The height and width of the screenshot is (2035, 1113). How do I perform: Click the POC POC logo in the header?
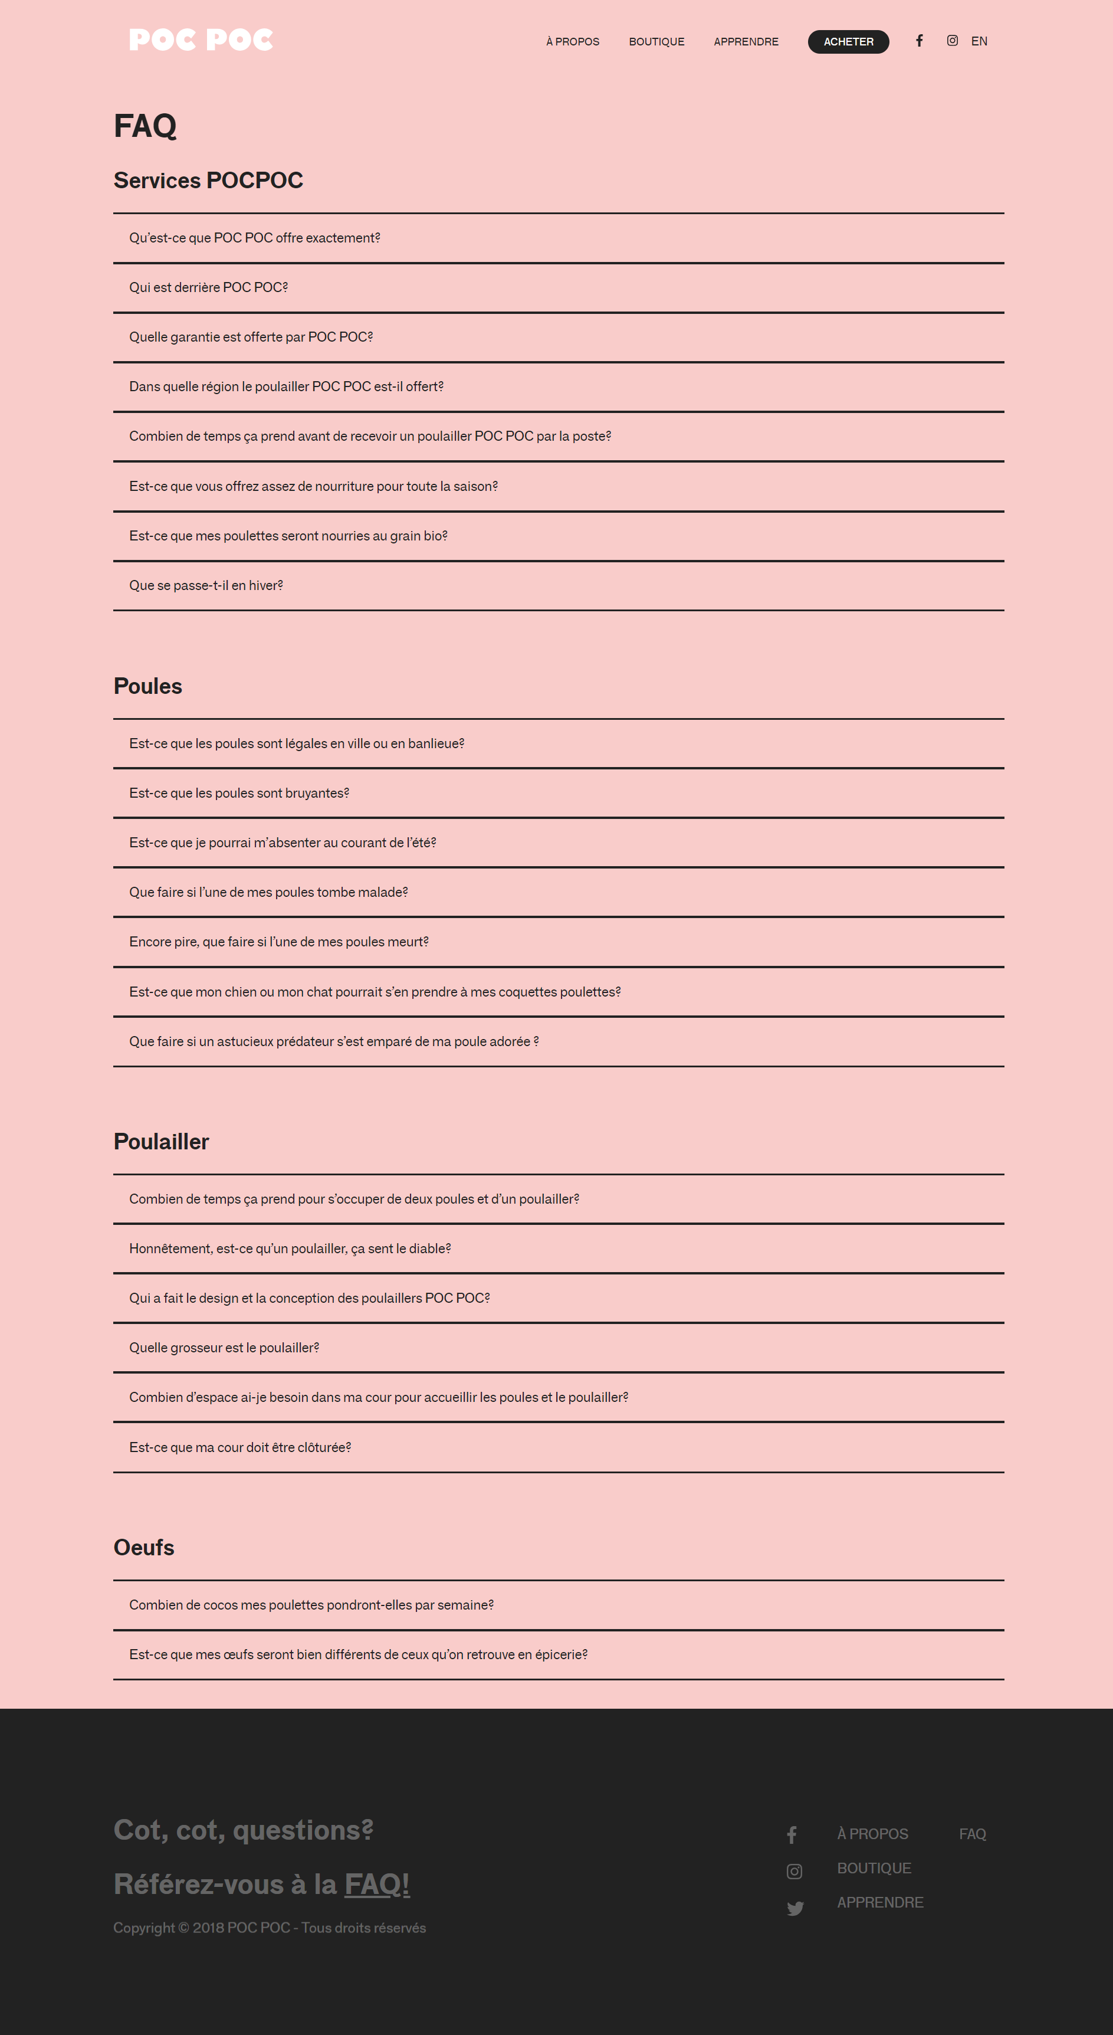click(x=201, y=40)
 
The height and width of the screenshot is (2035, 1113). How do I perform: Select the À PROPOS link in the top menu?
click(x=573, y=42)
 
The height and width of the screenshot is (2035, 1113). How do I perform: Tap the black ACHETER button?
click(x=848, y=42)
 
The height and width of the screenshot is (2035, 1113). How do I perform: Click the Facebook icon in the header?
click(x=920, y=40)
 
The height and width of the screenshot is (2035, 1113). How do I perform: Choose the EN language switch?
click(x=979, y=41)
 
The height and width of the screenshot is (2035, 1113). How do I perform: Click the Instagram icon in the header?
click(x=953, y=40)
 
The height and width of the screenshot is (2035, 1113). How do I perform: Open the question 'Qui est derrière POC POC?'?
click(x=209, y=287)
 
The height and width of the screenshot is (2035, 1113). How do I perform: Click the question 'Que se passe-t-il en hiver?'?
click(x=206, y=585)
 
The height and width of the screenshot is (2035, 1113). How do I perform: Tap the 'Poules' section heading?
click(x=147, y=686)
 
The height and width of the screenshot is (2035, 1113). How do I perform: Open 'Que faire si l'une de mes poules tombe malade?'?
click(x=268, y=892)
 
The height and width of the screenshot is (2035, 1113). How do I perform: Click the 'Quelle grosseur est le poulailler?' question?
click(x=224, y=1348)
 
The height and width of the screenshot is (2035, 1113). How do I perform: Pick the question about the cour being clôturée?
click(x=240, y=1447)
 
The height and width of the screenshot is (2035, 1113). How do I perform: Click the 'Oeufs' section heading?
click(x=144, y=1547)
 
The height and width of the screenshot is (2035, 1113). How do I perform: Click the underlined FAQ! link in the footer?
click(x=377, y=1884)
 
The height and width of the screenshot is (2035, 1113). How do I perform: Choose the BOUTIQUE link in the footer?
click(x=874, y=1868)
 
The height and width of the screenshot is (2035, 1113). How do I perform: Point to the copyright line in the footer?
click(x=270, y=1928)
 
